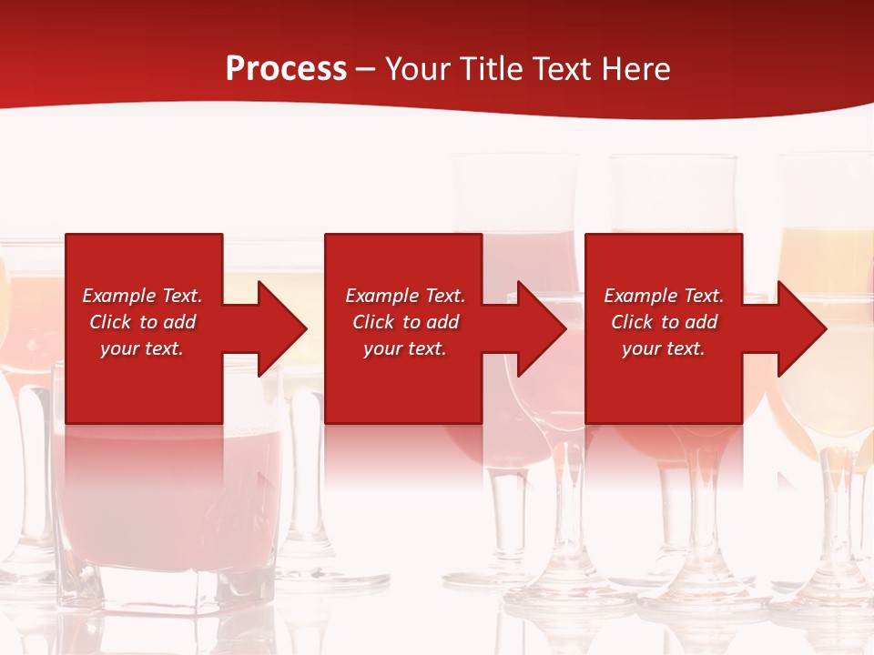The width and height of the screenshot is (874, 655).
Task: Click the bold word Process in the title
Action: click(x=286, y=69)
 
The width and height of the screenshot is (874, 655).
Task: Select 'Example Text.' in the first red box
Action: click(x=142, y=296)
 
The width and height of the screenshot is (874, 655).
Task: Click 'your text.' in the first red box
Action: click(x=142, y=348)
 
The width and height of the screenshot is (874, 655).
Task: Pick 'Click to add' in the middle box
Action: click(x=405, y=322)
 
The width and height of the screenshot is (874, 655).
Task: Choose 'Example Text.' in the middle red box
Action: click(x=405, y=296)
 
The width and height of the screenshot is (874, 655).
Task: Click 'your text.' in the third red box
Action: click(x=664, y=348)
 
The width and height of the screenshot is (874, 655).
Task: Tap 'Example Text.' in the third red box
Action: click(x=664, y=296)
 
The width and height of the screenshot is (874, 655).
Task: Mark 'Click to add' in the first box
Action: click(x=142, y=322)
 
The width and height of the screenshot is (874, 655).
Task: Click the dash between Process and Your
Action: click(x=365, y=69)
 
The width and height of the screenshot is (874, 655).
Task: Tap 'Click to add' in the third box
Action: click(x=664, y=322)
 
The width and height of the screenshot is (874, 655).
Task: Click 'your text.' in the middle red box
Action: click(x=405, y=348)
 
